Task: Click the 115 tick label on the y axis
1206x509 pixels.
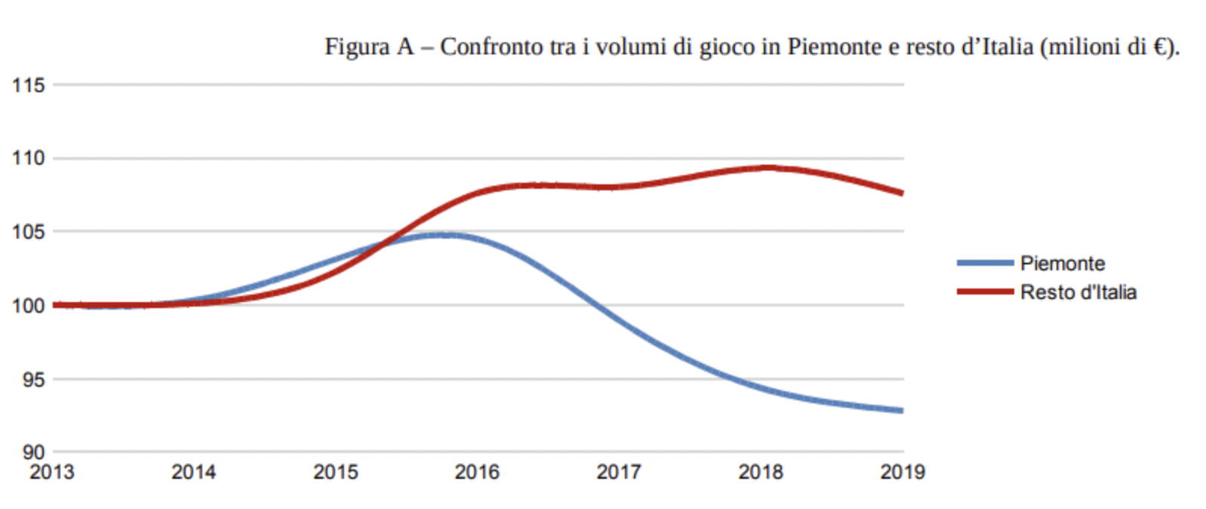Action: click(28, 85)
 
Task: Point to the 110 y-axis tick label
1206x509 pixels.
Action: click(28, 159)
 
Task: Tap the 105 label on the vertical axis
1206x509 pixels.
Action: click(28, 232)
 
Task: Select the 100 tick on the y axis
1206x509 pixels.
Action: click(28, 306)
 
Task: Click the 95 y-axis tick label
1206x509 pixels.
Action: click(33, 379)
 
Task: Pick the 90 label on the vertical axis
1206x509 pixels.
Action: click(33, 452)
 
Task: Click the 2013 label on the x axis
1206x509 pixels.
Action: click(52, 472)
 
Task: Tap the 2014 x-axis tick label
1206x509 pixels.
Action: click(194, 472)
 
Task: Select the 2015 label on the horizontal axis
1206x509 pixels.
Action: click(336, 472)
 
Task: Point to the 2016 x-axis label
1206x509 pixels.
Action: click(477, 472)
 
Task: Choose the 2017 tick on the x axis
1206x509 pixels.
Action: click(619, 472)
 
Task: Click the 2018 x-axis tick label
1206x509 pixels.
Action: click(761, 472)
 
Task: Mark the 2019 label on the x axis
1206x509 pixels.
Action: click(903, 472)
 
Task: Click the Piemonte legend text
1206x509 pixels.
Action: click(1062, 264)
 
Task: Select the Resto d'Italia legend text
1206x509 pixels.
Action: click(1078, 292)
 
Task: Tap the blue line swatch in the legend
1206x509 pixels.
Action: click(985, 263)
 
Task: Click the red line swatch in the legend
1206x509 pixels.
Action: click(985, 292)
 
